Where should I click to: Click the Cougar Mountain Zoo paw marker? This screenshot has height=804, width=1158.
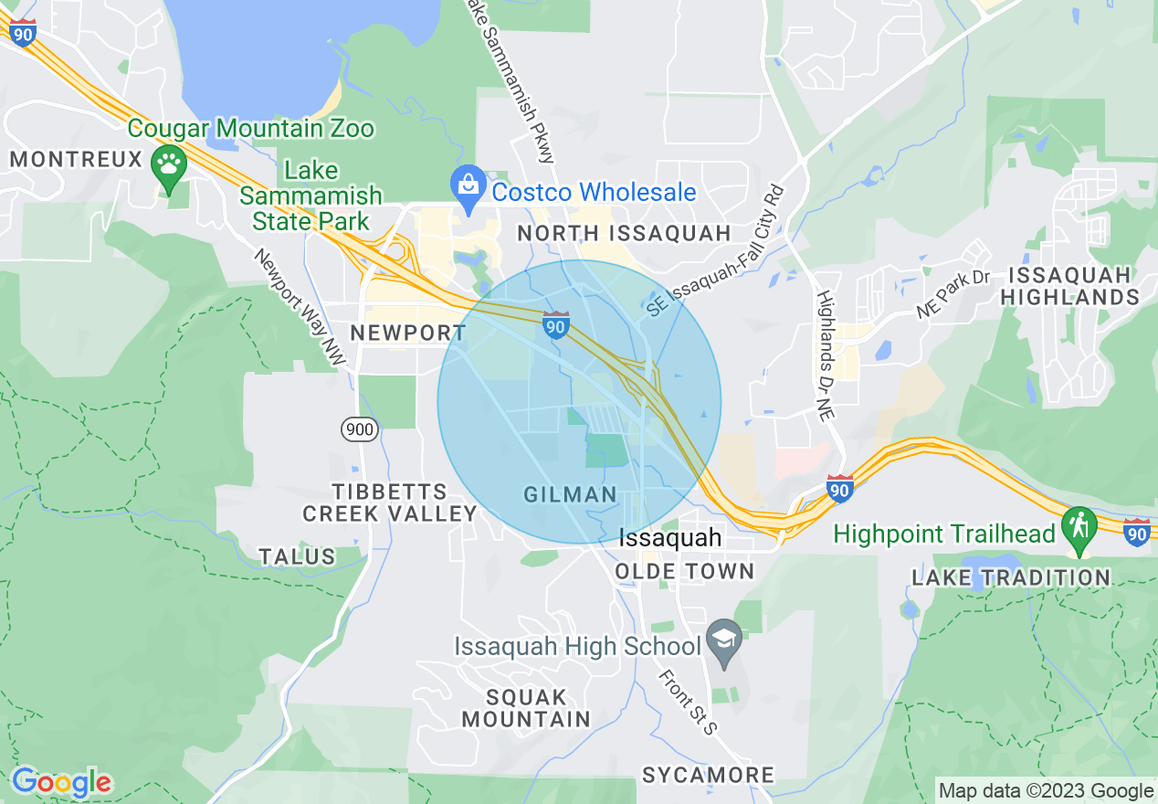[169, 165]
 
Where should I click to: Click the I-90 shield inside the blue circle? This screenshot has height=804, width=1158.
[556, 324]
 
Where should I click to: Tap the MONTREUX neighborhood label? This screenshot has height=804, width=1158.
[77, 160]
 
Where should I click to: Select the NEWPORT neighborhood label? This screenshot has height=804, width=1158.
[409, 333]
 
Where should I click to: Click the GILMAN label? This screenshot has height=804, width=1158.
[571, 495]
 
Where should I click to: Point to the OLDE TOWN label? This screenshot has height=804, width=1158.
[685, 572]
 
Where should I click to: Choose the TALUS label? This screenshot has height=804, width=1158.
[297, 556]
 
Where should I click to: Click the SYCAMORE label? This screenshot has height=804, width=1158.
[708, 776]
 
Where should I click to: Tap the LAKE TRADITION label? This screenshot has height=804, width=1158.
[1011, 577]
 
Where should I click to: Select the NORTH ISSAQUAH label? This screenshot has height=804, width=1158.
[625, 233]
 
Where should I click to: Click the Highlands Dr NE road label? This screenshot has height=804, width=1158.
[826, 355]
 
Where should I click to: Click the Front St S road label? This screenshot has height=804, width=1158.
[689, 701]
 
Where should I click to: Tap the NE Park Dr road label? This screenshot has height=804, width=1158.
[953, 293]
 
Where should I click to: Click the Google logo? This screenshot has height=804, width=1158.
[61, 782]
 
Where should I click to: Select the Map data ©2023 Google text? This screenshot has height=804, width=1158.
[1047, 791]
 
